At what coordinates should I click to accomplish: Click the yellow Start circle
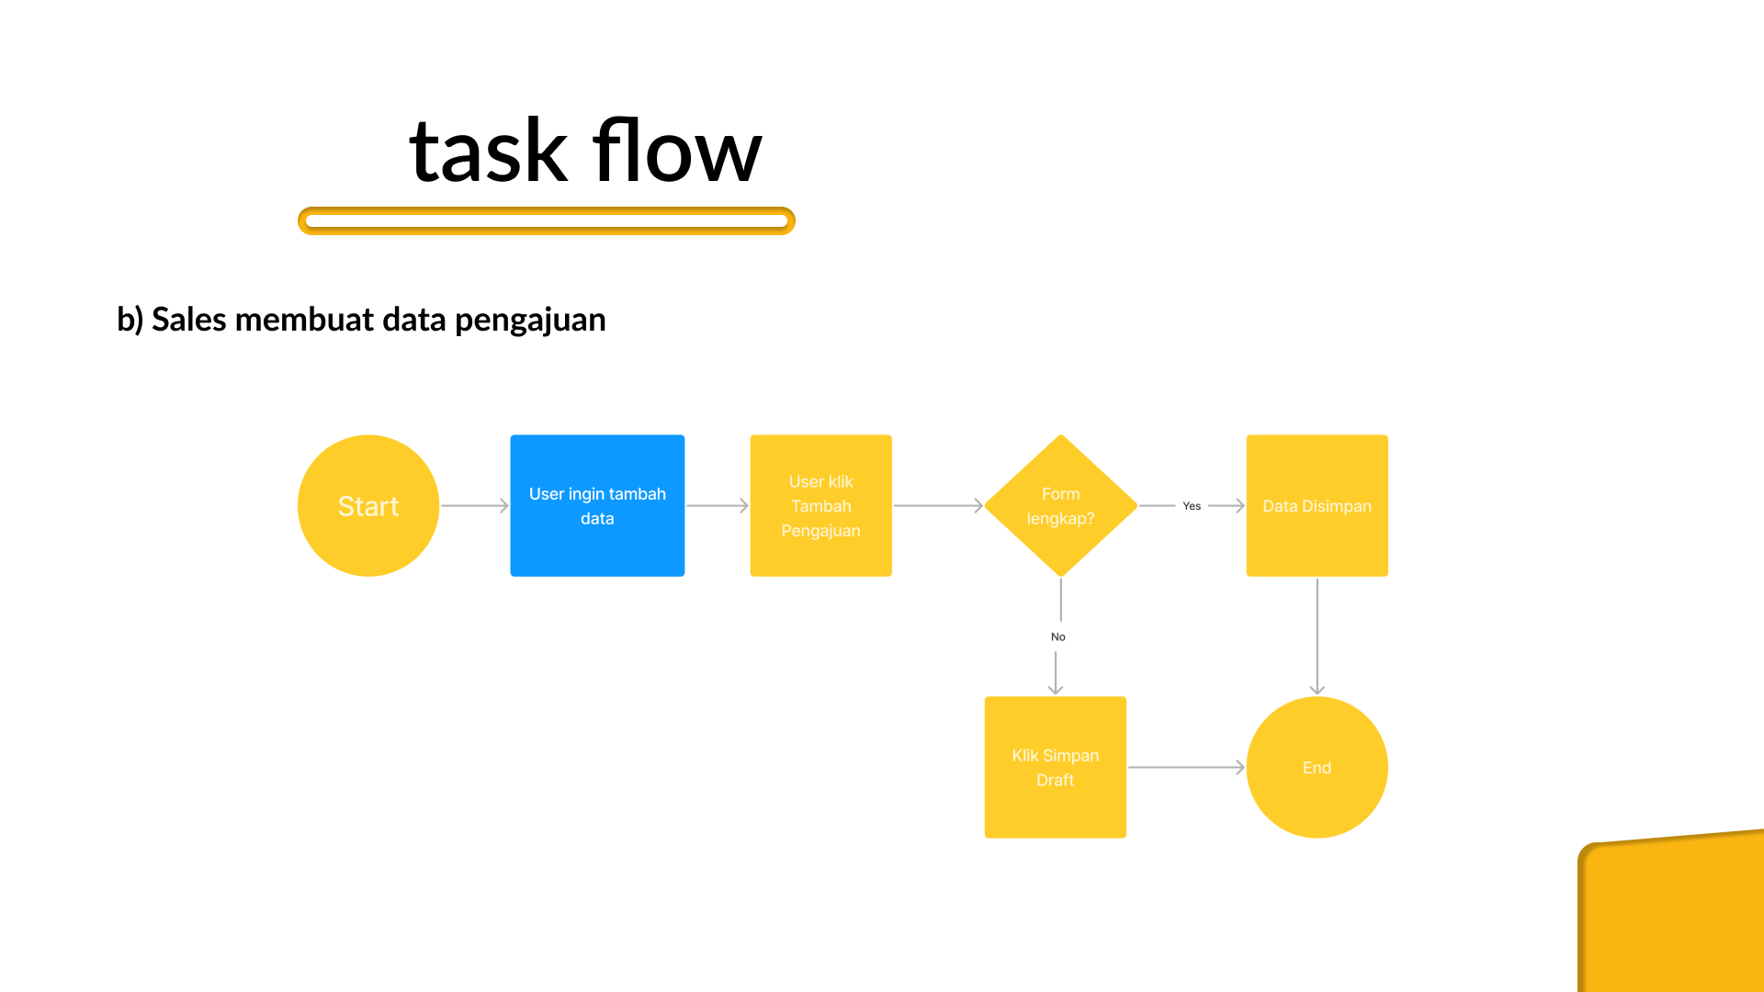click(x=368, y=505)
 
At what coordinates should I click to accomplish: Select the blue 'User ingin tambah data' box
click(x=597, y=505)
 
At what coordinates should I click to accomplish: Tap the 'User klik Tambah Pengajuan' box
click(x=820, y=505)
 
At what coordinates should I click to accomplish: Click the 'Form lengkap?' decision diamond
click(x=1061, y=505)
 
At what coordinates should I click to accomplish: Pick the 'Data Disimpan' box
click(x=1317, y=505)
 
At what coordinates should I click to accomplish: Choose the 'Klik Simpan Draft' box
click(x=1055, y=767)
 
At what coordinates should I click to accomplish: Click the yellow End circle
click(x=1317, y=767)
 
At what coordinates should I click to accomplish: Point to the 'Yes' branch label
click(x=1192, y=506)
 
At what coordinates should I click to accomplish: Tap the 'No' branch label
click(x=1058, y=637)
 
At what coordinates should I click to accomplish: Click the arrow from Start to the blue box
click(x=475, y=505)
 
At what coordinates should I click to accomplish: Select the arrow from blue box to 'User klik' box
click(x=718, y=505)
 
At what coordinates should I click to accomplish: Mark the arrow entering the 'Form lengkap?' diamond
click(x=938, y=505)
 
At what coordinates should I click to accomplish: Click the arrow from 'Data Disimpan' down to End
click(x=1317, y=637)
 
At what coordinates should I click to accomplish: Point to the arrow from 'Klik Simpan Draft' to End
click(x=1186, y=767)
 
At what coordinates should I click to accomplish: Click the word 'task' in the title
click(x=488, y=152)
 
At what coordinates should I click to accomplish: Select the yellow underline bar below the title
click(x=546, y=220)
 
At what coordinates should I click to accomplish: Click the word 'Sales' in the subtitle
click(x=189, y=320)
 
